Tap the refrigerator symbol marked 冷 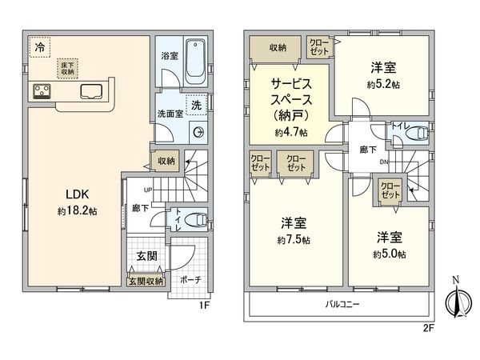[38, 48]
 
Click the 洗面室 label [170, 114]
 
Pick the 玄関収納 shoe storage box [146, 281]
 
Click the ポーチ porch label [190, 281]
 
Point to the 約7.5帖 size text [296, 239]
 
